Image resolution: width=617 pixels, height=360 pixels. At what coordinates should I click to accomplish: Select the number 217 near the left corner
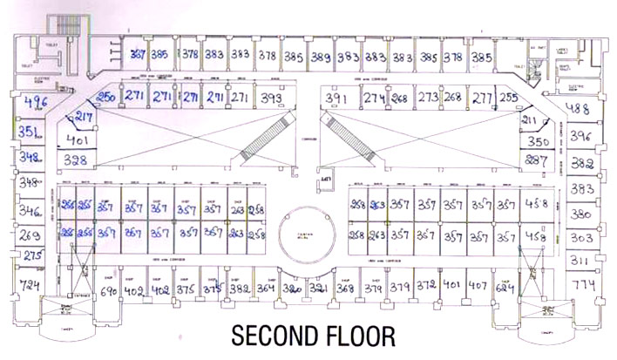click(x=85, y=117)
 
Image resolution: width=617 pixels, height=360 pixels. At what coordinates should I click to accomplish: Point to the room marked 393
click(x=271, y=99)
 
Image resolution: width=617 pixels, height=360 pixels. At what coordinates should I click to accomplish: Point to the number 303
click(x=581, y=237)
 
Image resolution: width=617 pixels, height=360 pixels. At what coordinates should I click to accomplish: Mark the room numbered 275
click(x=32, y=255)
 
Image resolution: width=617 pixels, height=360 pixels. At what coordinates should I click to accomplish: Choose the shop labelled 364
click(x=267, y=289)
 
